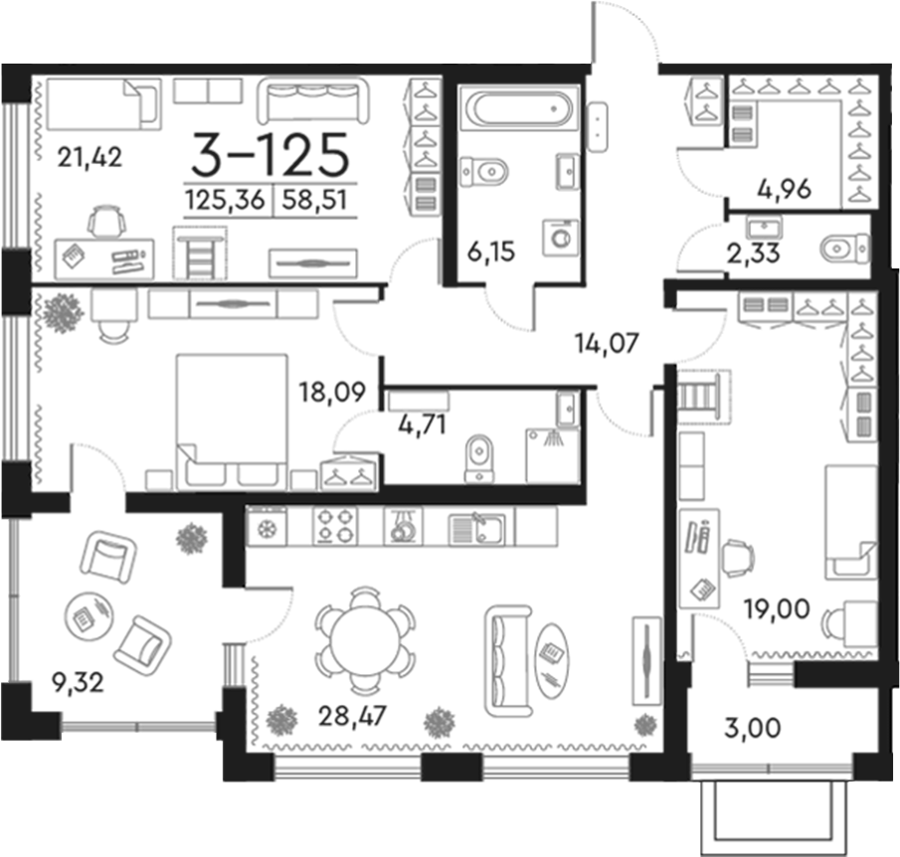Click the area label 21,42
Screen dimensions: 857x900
coord(90,156)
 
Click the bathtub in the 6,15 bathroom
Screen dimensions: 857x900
coord(518,106)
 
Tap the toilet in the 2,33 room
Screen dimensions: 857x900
coord(846,246)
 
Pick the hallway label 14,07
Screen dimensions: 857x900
coord(607,344)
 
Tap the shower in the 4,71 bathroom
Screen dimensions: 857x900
coord(552,454)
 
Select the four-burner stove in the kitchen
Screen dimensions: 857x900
coord(336,526)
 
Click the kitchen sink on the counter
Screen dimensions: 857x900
coord(476,527)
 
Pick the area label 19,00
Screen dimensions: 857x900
coord(775,605)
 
